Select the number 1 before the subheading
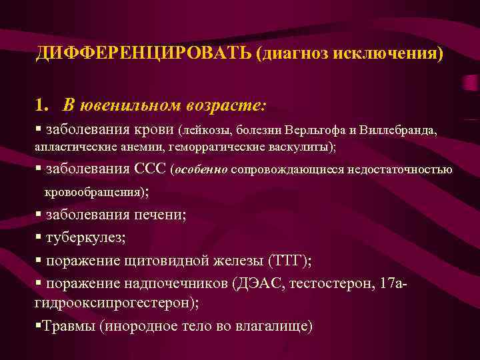[41, 105]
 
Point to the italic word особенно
[201, 169]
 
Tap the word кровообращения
[93, 192]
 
